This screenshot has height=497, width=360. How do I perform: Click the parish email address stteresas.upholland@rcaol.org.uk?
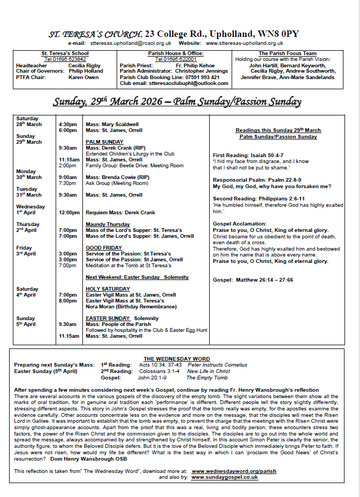tap(131, 43)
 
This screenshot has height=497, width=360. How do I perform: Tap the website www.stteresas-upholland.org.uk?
tap(244, 43)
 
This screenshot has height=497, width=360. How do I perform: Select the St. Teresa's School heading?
tap(65, 53)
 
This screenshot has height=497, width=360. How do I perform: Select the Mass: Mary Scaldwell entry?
tap(112, 124)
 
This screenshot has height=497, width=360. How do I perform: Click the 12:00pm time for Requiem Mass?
tap(69, 212)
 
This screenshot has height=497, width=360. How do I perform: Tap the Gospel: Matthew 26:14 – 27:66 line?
tap(252, 279)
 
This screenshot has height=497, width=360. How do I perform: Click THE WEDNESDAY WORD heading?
tap(177, 359)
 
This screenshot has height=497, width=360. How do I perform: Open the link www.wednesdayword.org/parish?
tap(234, 471)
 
